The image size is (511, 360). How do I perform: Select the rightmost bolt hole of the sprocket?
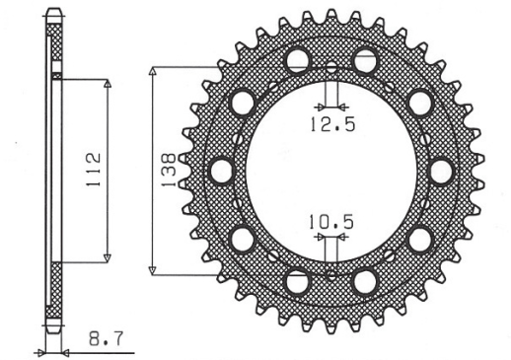441,169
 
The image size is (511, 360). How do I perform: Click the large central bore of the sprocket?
330,170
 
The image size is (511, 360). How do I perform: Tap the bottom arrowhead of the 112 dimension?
107,258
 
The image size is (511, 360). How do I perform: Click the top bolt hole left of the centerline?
297,60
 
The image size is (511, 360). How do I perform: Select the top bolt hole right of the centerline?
365,59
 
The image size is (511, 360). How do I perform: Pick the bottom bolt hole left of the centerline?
297,281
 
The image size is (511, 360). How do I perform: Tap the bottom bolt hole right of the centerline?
365,281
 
